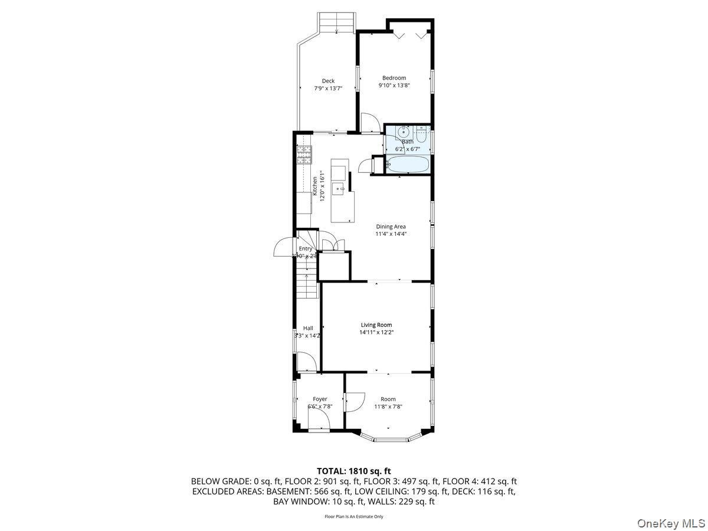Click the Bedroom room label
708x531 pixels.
(394, 78)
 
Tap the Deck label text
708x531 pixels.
(328, 81)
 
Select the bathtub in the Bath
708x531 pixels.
(408, 164)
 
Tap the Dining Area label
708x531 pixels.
(391, 227)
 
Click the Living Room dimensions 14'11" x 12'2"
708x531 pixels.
(376, 332)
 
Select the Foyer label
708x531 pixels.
(320, 399)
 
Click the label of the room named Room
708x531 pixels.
(388, 399)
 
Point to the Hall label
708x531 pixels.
(308, 328)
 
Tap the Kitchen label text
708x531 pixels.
(315, 184)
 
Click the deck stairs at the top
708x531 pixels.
(337, 23)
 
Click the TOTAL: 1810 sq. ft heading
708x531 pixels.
(354, 471)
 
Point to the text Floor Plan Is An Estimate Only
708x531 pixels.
(354, 516)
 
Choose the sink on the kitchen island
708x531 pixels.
(339, 189)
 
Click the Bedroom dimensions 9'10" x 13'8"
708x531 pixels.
(394, 86)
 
